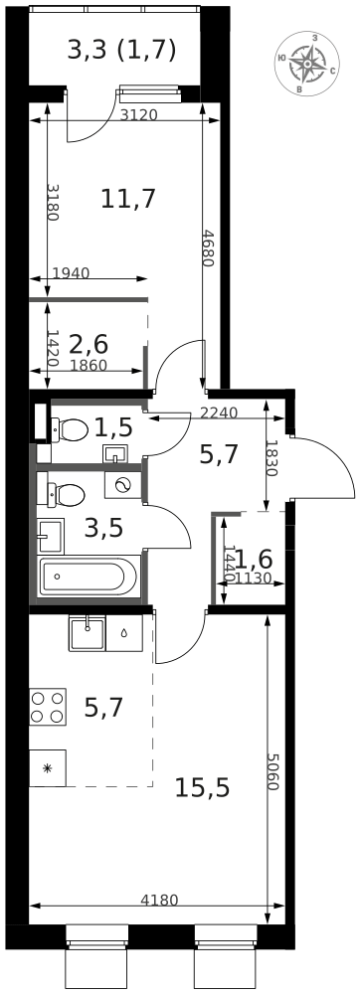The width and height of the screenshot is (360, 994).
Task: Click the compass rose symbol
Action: point(307,65)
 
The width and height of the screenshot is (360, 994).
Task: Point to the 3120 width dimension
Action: point(138,115)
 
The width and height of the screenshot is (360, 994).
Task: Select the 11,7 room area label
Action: point(128,199)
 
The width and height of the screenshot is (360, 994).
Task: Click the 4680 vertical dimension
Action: point(206,248)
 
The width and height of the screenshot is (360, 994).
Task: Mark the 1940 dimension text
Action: point(70,273)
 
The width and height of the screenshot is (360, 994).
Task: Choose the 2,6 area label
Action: point(89,344)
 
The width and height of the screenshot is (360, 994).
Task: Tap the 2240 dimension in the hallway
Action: point(219,413)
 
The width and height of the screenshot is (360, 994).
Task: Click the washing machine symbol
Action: point(122,485)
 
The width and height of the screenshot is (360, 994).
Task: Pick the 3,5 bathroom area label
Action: point(103,527)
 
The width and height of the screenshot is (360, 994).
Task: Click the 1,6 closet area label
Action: point(253,559)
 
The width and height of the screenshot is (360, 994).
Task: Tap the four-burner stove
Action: point(48,707)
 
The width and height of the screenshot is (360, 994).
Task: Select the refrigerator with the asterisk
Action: point(48,768)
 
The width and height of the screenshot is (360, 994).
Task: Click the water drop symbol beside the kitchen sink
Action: point(124,632)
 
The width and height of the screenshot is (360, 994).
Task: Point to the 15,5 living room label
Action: point(202,788)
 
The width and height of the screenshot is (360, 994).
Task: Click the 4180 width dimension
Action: point(159,901)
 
